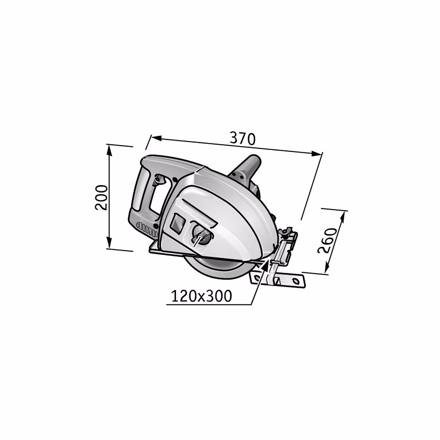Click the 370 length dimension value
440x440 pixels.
tap(243, 139)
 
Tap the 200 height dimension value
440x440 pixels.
tap(101, 197)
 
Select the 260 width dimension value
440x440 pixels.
tap(327, 241)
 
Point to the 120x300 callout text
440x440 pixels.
tap(201, 296)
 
